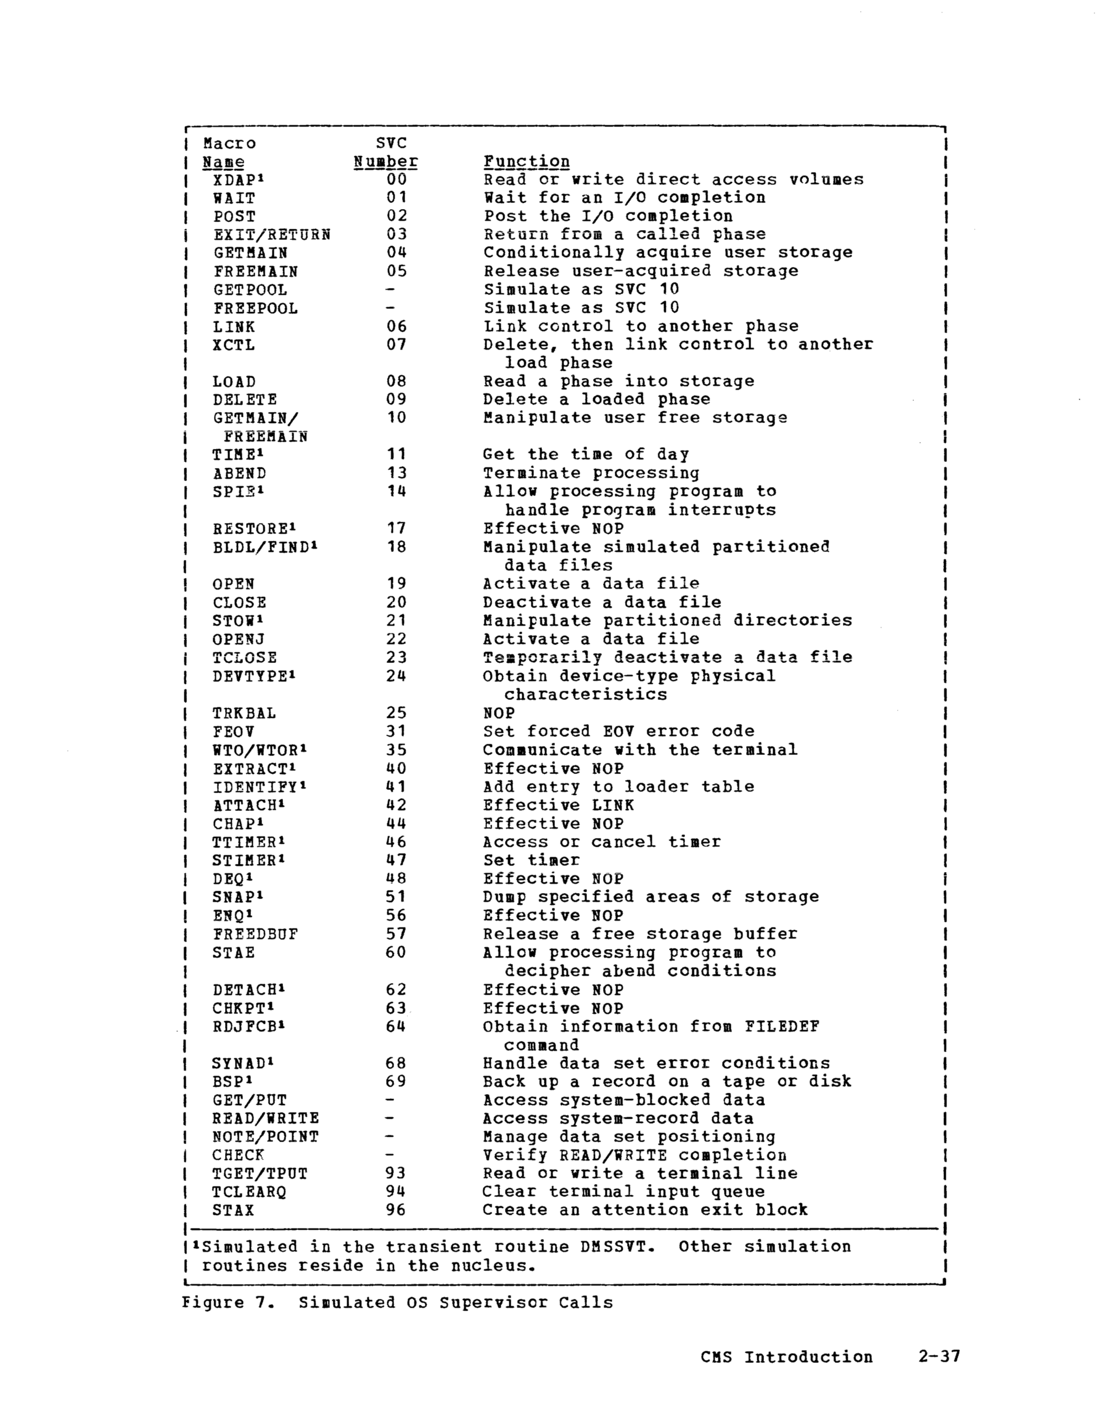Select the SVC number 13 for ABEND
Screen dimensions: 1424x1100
click(396, 474)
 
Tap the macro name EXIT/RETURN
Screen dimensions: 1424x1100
click(271, 235)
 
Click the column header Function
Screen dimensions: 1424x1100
click(526, 162)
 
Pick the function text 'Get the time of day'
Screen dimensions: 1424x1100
click(586, 455)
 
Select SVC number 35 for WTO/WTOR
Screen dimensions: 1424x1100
click(396, 750)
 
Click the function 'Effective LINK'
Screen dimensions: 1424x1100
click(558, 805)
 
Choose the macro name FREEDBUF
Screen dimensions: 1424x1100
click(255, 934)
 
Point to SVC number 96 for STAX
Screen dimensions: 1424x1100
click(396, 1210)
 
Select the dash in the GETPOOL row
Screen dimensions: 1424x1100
click(390, 289)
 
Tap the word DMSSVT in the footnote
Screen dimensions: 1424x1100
click(617, 1246)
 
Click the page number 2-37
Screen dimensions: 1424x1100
click(939, 1357)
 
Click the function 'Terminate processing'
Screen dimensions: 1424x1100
click(591, 474)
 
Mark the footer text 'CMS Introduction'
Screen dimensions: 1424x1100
click(786, 1357)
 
